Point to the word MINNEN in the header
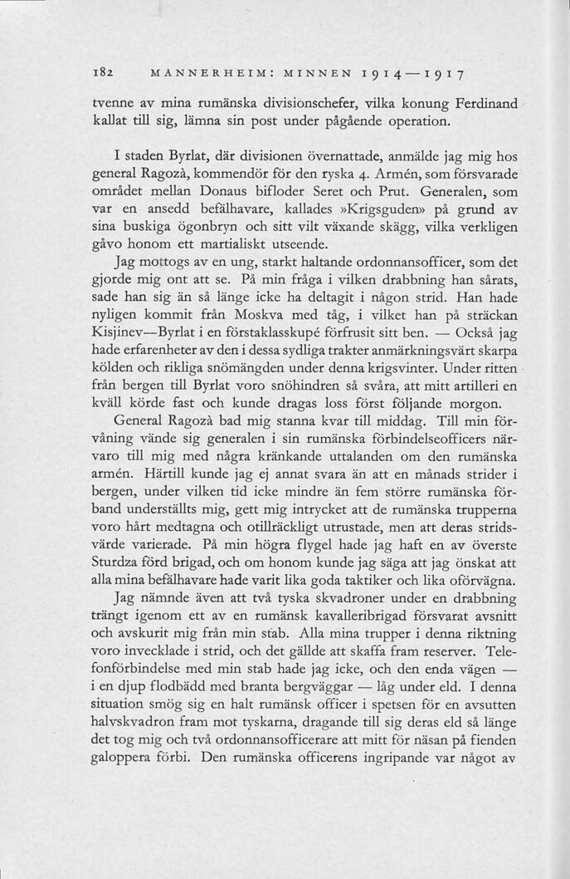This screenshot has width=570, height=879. pyautogui.click(x=292, y=73)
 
